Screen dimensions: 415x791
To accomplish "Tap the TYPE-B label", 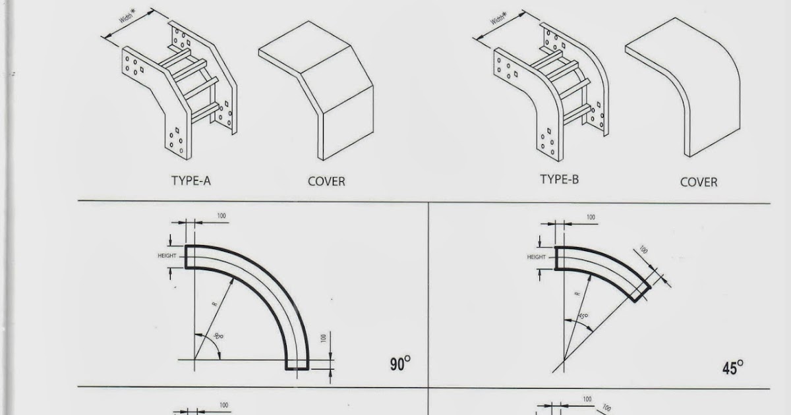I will click(x=559, y=179).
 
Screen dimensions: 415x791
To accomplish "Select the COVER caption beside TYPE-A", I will click(x=326, y=181).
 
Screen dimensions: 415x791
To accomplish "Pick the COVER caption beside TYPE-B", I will click(x=699, y=182).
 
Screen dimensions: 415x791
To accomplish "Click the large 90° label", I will click(x=399, y=364).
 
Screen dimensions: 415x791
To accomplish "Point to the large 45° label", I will click(x=732, y=368).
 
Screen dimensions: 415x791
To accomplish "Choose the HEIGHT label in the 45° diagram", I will click(x=537, y=257).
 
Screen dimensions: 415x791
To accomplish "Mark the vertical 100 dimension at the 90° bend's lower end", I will click(x=323, y=338).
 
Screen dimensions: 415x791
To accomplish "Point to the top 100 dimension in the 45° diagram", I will click(x=591, y=217).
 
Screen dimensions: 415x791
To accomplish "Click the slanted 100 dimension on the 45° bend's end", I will click(x=643, y=251).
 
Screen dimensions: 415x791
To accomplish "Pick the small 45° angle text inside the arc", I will click(x=583, y=317).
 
